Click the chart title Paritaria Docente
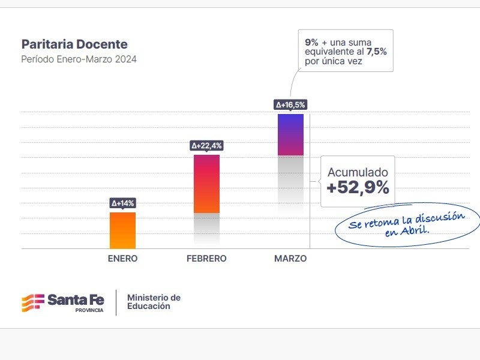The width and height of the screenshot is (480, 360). click(74, 44)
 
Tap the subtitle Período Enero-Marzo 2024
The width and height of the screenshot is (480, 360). click(79, 59)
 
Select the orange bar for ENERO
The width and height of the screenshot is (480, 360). click(122, 230)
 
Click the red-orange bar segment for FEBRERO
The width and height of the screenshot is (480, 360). click(206, 184)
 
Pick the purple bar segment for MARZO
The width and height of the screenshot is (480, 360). click(290, 134)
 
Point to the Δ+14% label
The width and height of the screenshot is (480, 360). click(122, 203)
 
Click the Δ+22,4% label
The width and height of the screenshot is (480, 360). click(206, 146)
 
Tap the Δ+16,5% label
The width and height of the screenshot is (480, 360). click(290, 105)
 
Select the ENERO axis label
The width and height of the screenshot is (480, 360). click(122, 259)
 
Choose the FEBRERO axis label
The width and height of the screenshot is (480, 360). click(206, 259)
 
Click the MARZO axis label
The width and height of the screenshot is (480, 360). click(290, 259)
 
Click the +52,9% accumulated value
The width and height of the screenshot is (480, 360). click(358, 188)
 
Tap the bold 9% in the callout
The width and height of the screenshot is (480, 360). click(311, 42)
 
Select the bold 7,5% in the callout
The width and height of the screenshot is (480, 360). click(377, 52)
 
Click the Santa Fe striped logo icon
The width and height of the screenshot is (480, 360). click(32, 301)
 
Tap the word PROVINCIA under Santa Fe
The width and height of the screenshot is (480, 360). click(89, 310)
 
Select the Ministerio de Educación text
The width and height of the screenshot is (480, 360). click(154, 302)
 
